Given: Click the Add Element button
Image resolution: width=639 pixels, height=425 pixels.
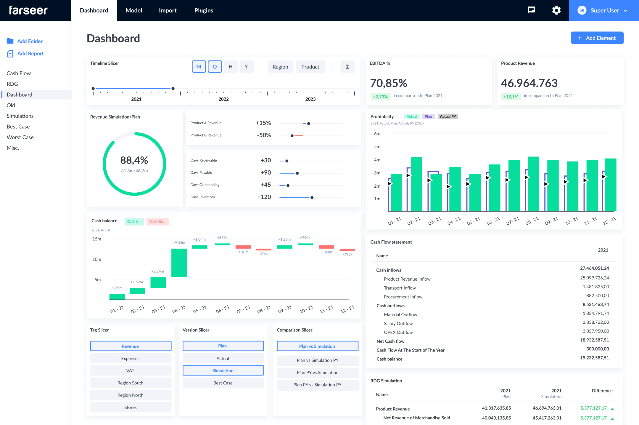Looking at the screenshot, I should pyautogui.click(x=597, y=38).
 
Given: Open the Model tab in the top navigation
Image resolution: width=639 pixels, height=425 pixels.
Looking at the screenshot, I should pyautogui.click(x=134, y=10).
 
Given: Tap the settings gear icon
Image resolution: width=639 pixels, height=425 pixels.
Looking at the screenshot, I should pyautogui.click(x=556, y=10).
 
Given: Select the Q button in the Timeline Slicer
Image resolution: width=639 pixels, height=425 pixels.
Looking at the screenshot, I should pyautogui.click(x=215, y=67).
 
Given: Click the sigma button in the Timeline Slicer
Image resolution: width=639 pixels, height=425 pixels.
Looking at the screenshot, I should pyautogui.click(x=347, y=67).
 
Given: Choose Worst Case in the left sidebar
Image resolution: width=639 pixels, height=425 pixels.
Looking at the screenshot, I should pyautogui.click(x=20, y=137).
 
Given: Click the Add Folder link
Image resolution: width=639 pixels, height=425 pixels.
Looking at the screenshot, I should pyautogui.click(x=30, y=41).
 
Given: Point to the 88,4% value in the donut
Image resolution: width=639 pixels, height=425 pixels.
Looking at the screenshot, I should pyautogui.click(x=134, y=160).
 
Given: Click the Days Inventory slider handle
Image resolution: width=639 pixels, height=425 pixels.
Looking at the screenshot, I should pyautogui.click(x=312, y=198).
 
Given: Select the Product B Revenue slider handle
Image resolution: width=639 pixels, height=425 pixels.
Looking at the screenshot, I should pyautogui.click(x=292, y=136).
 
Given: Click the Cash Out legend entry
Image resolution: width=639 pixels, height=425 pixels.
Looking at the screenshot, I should pyautogui.click(x=157, y=222).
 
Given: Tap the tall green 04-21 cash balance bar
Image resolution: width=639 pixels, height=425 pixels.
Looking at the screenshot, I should pyautogui.click(x=179, y=263).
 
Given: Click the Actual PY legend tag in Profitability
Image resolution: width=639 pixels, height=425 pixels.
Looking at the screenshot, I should pyautogui.click(x=448, y=116).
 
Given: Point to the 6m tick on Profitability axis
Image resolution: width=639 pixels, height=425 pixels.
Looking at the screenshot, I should pyautogui.click(x=377, y=134).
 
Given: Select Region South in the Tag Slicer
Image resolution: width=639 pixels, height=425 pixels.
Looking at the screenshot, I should pyautogui.click(x=131, y=383).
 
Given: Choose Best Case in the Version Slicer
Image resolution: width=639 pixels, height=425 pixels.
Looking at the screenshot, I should pyautogui.click(x=223, y=383).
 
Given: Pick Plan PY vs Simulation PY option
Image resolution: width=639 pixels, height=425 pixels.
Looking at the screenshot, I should pyautogui.click(x=317, y=385).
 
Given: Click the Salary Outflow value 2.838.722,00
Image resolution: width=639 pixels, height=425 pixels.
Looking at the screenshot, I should pyautogui.click(x=595, y=322).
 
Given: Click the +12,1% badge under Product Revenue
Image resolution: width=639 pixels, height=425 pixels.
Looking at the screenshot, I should pyautogui.click(x=511, y=97).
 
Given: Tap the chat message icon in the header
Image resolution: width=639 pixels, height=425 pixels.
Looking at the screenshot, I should pyautogui.click(x=531, y=10).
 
